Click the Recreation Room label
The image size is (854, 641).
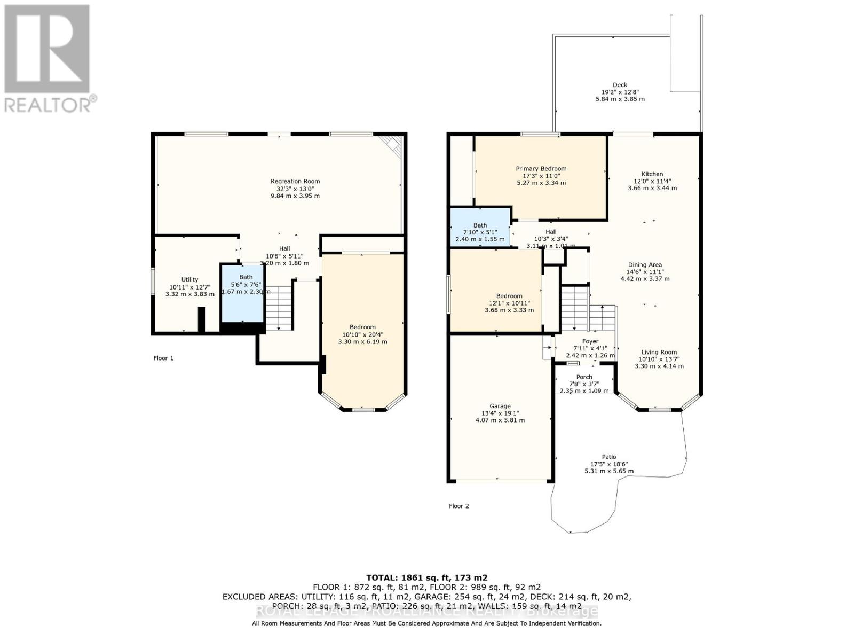295,181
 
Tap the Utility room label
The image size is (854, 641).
189,279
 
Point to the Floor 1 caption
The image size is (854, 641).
163,358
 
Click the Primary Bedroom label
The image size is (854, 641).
541,168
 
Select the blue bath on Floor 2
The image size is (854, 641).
480,227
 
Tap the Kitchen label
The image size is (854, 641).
652,174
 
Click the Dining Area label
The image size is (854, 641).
645,265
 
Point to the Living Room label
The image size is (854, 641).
659,352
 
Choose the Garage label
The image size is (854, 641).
500,406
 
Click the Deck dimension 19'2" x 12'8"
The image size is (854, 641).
620,92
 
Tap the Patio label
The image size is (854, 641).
609,457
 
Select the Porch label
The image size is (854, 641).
584,377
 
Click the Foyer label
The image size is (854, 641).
590,341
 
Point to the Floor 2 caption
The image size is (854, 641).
458,506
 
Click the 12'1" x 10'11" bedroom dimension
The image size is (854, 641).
509,303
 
